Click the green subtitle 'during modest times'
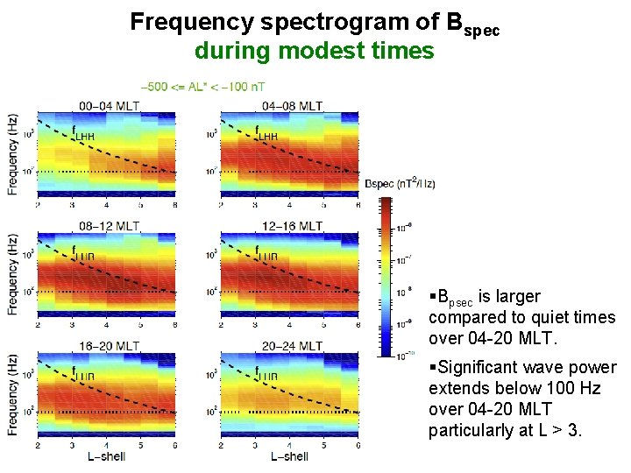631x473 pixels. point(314,51)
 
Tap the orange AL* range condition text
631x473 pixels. point(203,87)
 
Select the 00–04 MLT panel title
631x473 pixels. point(109,106)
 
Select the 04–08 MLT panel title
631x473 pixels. point(293,106)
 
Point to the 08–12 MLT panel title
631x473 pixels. point(109,226)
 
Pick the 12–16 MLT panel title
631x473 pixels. point(293,226)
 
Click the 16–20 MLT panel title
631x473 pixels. point(109,347)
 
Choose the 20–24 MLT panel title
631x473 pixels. point(293,347)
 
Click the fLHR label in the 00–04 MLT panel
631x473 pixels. point(84,135)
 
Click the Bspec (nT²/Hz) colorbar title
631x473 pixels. point(400,183)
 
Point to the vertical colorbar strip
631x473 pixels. point(385,277)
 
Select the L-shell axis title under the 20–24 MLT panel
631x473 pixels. point(289,456)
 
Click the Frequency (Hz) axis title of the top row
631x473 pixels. point(12,154)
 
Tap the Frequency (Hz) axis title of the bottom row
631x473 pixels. point(12,394)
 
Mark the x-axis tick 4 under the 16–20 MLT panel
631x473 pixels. point(107,445)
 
